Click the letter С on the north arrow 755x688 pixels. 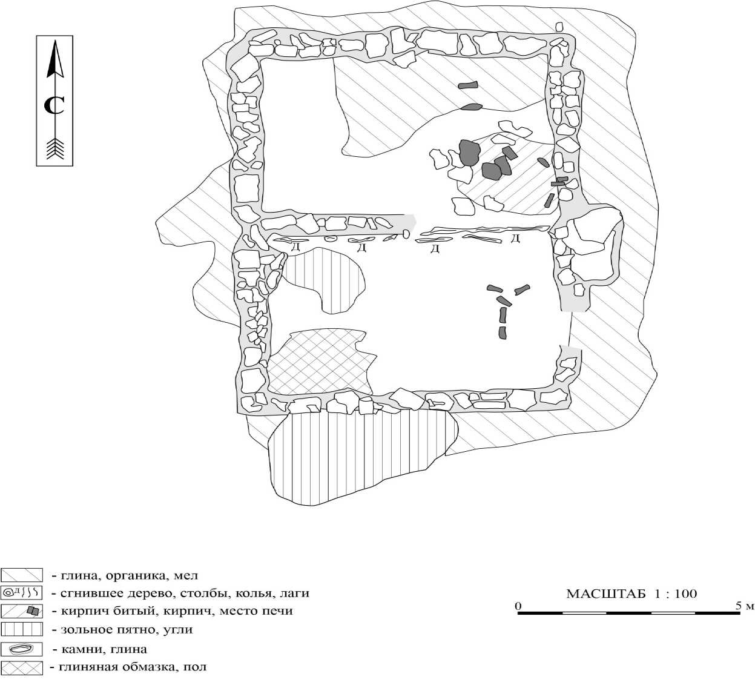pos(54,105)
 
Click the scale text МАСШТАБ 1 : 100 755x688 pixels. pos(631,594)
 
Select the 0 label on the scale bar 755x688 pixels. pos(518,605)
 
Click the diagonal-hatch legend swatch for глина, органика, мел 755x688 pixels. pos(22,575)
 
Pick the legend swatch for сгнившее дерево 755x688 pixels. pos(22,592)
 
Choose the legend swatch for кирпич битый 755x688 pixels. pos(22,610)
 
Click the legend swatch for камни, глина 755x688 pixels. pos(22,649)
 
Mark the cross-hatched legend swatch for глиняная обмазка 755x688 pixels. pos(22,667)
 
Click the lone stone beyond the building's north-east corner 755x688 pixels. pos(559,27)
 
